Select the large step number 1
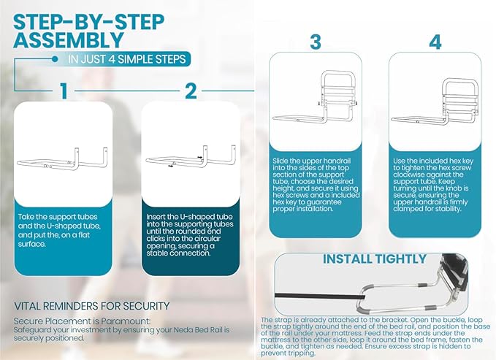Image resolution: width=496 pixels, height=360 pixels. [x=64, y=91]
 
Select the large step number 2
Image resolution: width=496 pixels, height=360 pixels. [x=190, y=91]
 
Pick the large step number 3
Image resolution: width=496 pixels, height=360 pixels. [x=315, y=42]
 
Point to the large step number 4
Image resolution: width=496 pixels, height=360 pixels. [x=435, y=42]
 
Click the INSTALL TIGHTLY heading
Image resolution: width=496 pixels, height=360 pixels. [x=374, y=259]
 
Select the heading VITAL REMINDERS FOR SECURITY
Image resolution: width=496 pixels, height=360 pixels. [x=91, y=305]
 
